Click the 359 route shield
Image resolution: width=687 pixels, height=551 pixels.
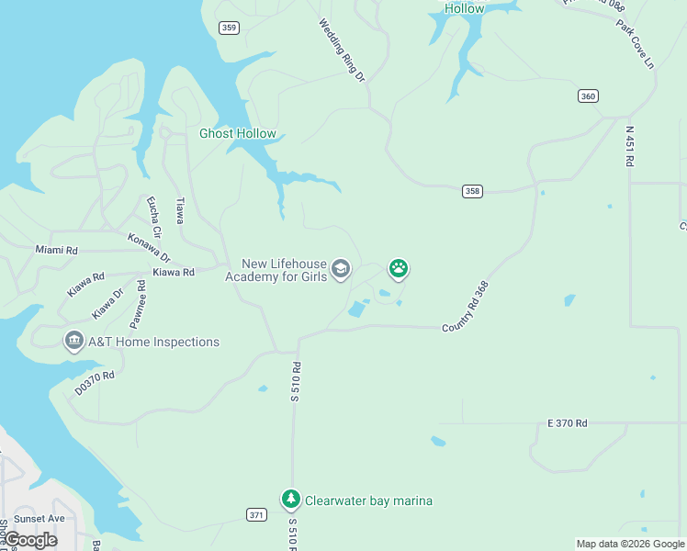click(x=230, y=28)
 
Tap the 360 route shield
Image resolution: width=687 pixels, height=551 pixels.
click(x=589, y=96)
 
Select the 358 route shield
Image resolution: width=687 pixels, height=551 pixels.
click(x=472, y=191)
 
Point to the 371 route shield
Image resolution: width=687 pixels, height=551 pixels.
click(x=256, y=514)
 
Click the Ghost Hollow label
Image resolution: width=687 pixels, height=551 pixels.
click(x=238, y=134)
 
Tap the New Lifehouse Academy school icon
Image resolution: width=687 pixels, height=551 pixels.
click(x=341, y=269)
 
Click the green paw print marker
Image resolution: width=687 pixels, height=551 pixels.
click(x=399, y=269)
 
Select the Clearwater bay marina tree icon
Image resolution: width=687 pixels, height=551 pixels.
click(x=291, y=500)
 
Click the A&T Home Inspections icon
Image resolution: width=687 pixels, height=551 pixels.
click(x=73, y=342)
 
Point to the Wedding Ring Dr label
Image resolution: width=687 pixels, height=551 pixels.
click(x=343, y=51)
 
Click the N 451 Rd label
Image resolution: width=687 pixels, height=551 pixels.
click(x=630, y=147)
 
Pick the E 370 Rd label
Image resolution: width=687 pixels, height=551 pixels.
click(x=567, y=423)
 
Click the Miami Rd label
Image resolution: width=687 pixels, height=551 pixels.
click(x=57, y=250)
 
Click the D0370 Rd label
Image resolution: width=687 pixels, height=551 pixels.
click(x=95, y=382)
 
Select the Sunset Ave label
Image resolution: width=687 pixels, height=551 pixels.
click(x=39, y=519)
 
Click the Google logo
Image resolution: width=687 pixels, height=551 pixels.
click(x=30, y=540)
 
